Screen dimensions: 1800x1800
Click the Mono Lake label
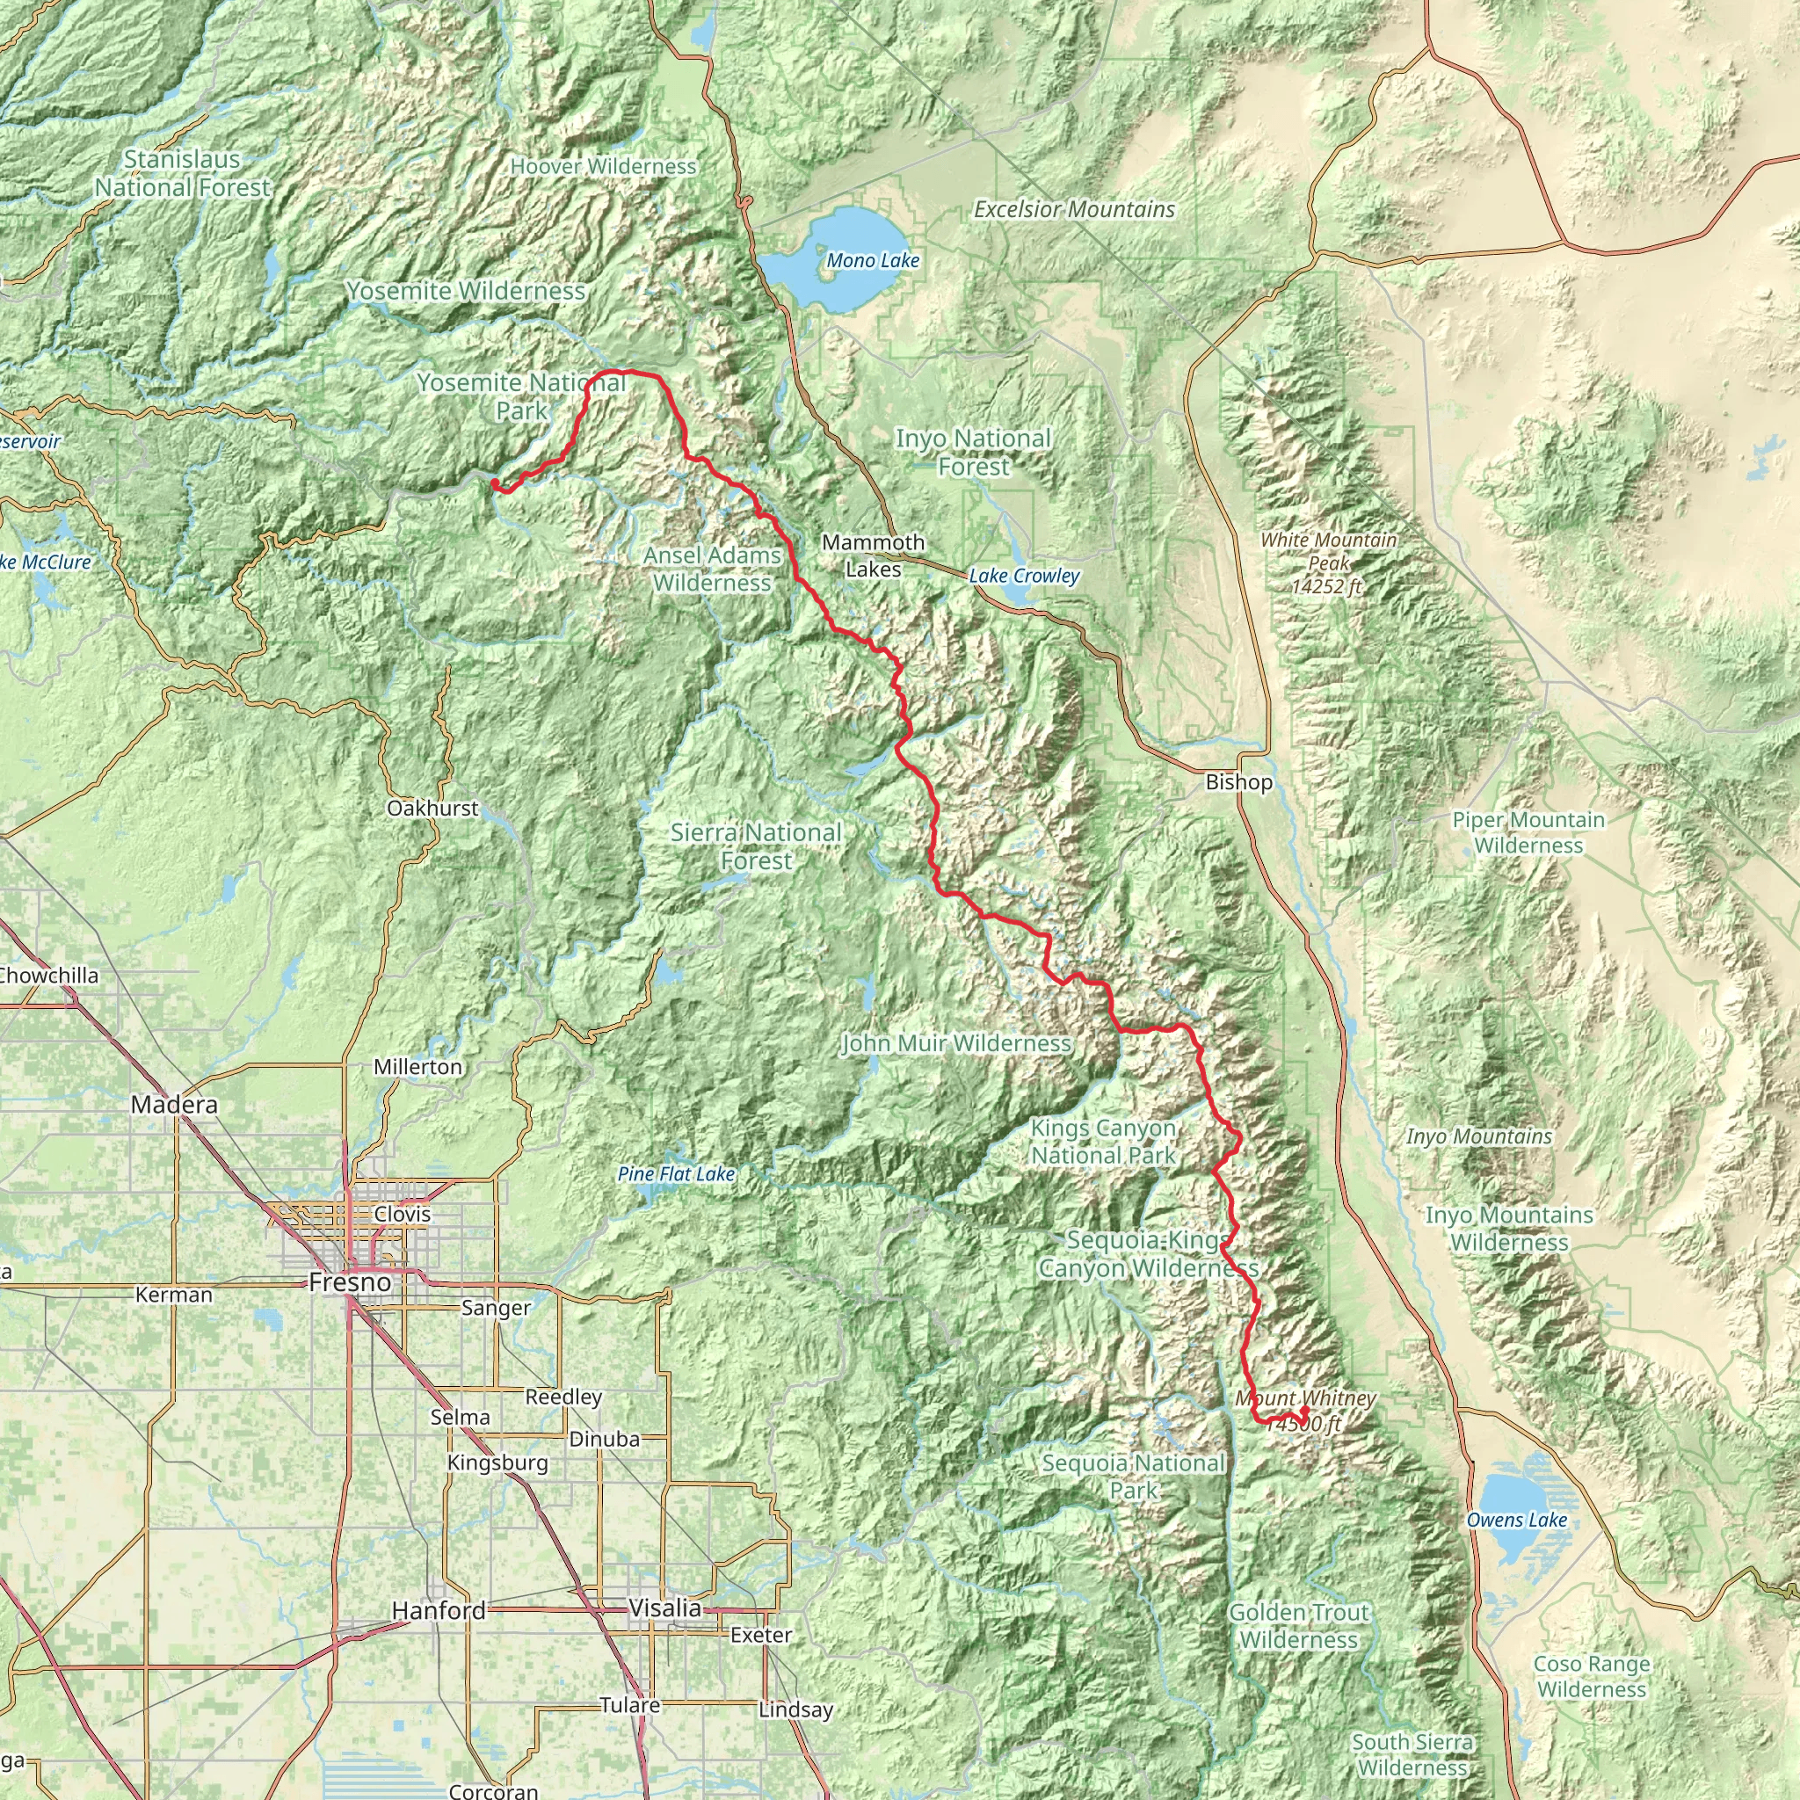[x=873, y=261]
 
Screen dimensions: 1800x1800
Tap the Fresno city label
[x=350, y=1283]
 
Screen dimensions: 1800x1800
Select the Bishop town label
[x=1238, y=782]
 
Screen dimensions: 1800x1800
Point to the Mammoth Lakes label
[x=873, y=555]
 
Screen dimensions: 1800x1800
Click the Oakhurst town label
[x=432, y=809]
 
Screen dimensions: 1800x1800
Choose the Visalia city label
[x=664, y=1608]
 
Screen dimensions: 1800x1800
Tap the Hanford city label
[x=439, y=1611]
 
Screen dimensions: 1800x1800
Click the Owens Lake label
[x=1517, y=1521]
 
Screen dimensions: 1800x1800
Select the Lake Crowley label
[x=1024, y=576]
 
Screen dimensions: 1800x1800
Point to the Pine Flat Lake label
[x=677, y=1174]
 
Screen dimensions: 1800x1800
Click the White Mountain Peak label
[x=1329, y=562]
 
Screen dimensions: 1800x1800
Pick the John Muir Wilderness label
[x=956, y=1043]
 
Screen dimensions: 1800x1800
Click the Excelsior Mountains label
[x=1074, y=210]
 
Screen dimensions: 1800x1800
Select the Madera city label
[x=174, y=1105]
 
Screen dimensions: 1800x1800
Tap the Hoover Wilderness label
[x=603, y=167]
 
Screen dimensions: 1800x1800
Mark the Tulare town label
[x=630, y=1705]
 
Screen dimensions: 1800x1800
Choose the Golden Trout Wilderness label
[x=1299, y=1626]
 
